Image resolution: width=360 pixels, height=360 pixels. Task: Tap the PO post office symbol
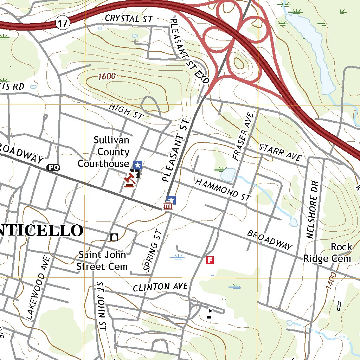[x=53, y=168]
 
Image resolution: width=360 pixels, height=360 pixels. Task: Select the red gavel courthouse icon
[x=129, y=180]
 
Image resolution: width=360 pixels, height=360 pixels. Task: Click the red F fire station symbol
[x=210, y=260]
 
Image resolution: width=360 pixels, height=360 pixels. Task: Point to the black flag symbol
[x=210, y=313]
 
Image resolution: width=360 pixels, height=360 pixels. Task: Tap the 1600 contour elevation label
[x=107, y=76]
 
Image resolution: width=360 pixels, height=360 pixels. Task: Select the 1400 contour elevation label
[x=332, y=281]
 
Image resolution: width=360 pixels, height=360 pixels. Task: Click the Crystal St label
[x=129, y=18]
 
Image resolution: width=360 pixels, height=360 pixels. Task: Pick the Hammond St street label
[x=223, y=189]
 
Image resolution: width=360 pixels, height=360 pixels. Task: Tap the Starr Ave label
[x=281, y=152]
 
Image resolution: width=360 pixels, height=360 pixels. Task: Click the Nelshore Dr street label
[x=312, y=210]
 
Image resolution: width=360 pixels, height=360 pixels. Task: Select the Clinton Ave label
[x=160, y=287]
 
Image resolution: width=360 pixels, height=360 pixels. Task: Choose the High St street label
[x=125, y=111]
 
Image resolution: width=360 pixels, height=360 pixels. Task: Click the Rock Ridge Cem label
[x=327, y=253]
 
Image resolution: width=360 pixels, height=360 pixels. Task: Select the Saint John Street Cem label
[x=102, y=261]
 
